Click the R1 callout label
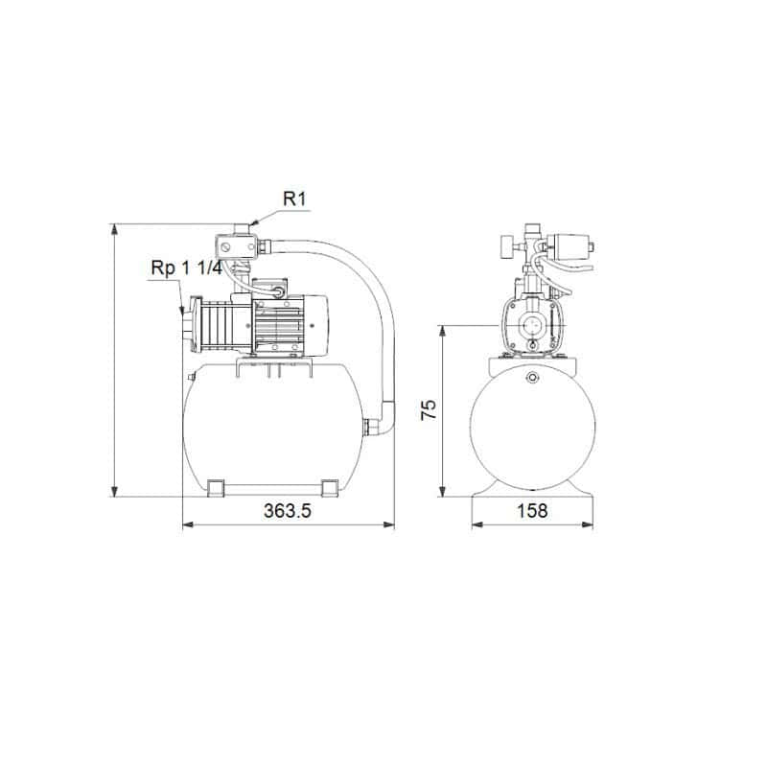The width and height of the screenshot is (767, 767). click(x=294, y=200)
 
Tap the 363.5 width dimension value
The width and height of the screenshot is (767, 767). click(x=288, y=511)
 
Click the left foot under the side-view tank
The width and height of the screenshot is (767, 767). click(x=218, y=489)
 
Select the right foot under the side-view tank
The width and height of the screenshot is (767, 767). click(x=330, y=489)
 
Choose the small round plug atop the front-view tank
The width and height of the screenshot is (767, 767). click(x=530, y=378)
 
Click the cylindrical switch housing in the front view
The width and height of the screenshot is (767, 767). click(x=572, y=247)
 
